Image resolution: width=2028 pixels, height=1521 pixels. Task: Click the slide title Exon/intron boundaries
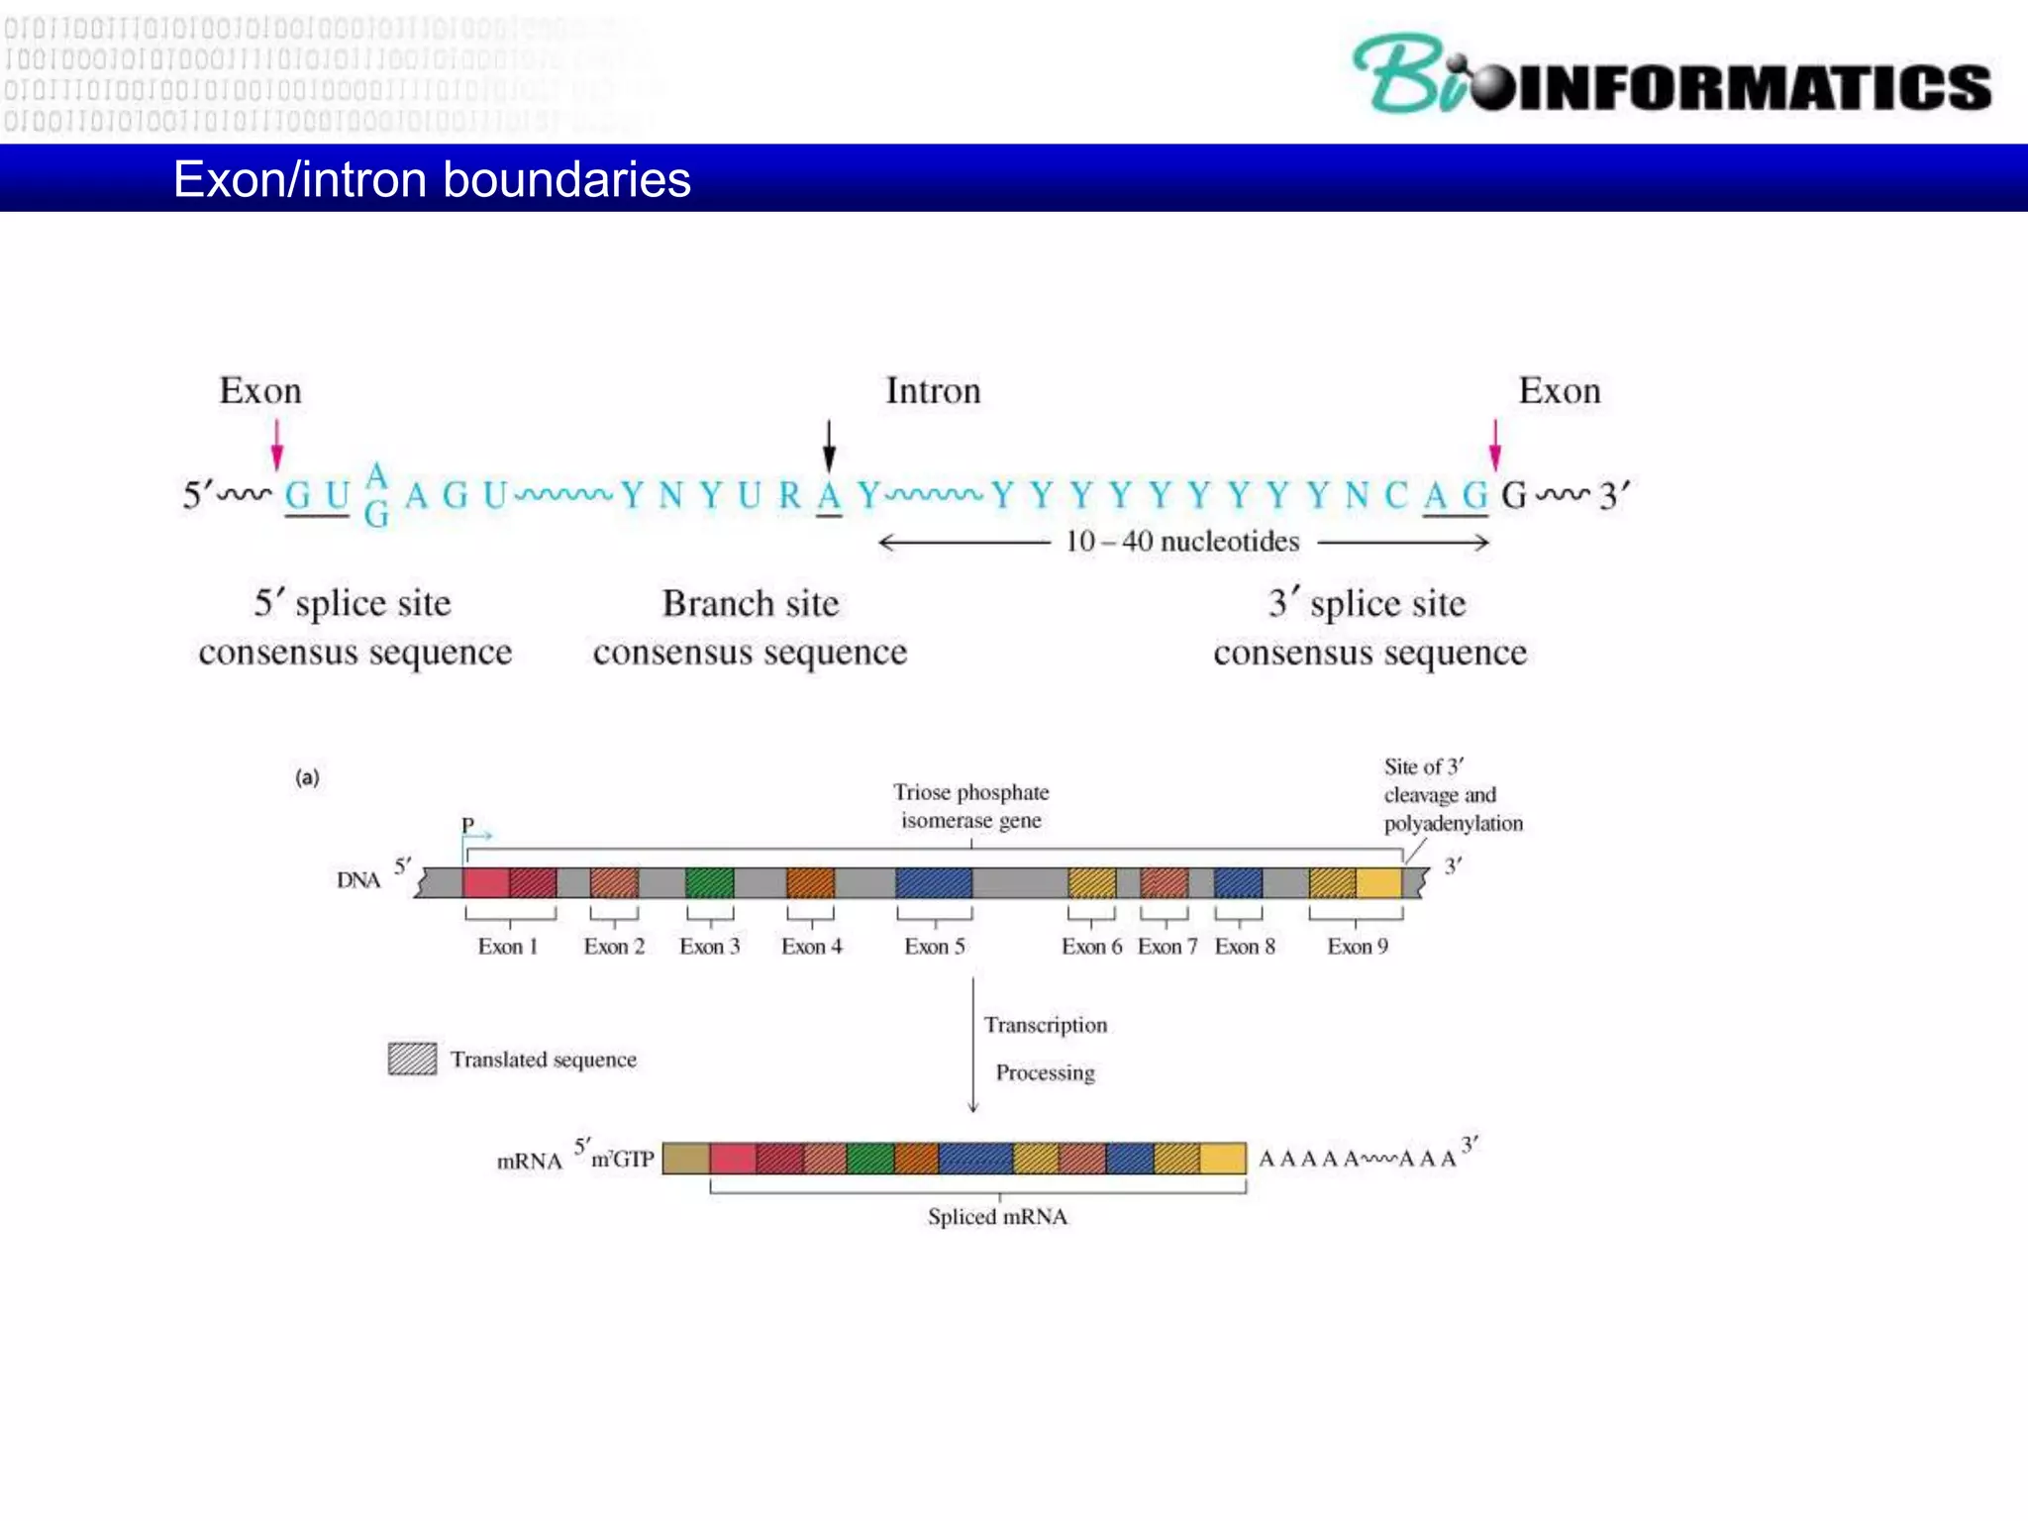432,180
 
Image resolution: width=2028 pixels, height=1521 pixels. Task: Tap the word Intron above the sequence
932,391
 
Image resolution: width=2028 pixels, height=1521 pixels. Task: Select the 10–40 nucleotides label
1181,542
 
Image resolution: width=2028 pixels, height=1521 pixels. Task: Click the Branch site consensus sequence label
750,628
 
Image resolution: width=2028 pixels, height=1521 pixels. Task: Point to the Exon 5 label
934,947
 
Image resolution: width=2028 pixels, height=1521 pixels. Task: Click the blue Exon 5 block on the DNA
933,882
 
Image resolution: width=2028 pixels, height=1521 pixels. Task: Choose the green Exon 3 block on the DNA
709,882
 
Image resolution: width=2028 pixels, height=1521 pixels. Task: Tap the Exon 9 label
1357,947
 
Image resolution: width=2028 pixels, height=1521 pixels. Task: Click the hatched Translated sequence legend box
412,1059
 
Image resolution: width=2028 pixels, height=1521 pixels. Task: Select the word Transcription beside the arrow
1045,1025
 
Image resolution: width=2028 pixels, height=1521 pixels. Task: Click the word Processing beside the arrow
1045,1073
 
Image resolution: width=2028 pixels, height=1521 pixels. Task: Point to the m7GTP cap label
622,1159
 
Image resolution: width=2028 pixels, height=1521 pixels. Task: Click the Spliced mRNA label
997,1217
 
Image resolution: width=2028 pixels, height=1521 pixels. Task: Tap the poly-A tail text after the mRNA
1357,1159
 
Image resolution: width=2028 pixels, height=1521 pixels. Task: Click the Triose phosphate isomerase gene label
970,806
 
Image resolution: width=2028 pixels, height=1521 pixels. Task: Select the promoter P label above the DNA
467,824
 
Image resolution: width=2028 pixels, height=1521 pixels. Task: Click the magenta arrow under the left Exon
277,445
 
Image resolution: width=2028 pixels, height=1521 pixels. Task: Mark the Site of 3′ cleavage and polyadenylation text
1452,795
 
